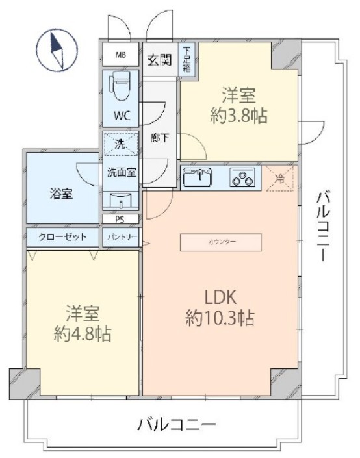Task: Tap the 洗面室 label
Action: click(121, 172)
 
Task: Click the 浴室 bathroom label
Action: click(63, 193)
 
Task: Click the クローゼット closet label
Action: click(62, 236)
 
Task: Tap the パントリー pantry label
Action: click(122, 236)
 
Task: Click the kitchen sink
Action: click(197, 177)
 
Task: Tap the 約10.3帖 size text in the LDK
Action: click(220, 319)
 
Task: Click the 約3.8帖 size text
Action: click(239, 116)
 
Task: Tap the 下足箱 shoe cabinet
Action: click(187, 59)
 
